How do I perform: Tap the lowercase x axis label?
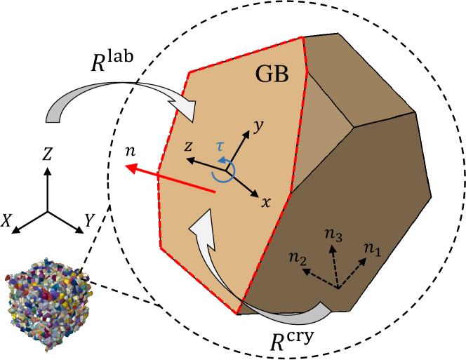tap(266, 202)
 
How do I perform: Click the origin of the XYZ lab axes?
tap(48, 211)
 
